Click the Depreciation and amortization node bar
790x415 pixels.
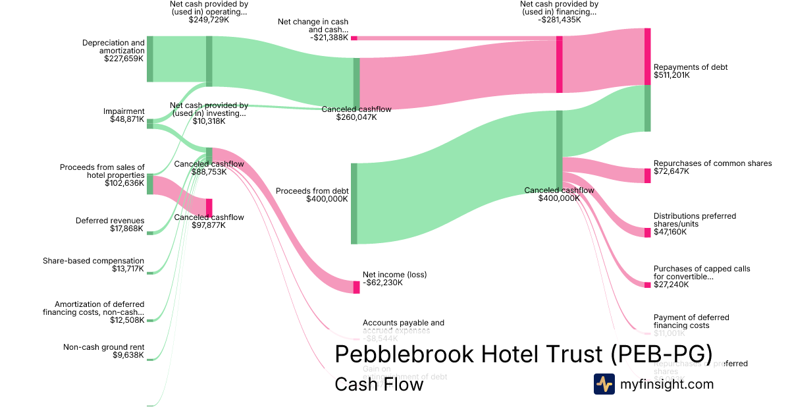tap(149, 59)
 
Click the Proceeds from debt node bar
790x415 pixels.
tap(354, 204)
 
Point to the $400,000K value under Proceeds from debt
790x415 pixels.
tap(327, 199)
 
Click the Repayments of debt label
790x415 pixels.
tap(691, 67)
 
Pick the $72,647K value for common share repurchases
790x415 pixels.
tap(671, 171)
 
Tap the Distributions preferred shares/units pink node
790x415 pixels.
tap(647, 233)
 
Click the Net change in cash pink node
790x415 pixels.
tap(354, 38)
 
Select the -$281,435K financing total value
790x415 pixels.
tap(559, 20)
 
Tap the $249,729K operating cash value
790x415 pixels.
tap(209, 20)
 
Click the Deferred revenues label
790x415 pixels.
tap(110, 221)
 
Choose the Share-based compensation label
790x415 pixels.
tap(93, 261)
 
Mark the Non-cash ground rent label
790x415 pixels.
tap(103, 347)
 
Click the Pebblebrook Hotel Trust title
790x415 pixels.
tap(523, 354)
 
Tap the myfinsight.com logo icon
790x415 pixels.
tap(604, 384)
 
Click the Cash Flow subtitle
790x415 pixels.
tap(379, 384)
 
